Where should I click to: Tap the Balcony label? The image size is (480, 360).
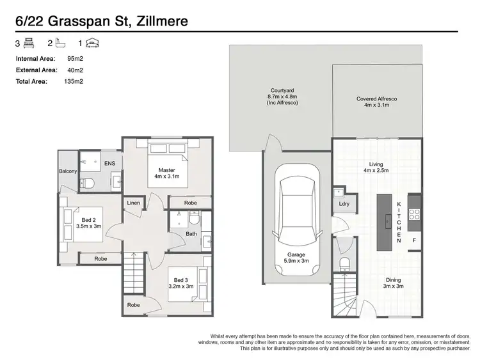(68, 171)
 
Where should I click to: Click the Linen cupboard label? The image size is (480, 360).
(133, 203)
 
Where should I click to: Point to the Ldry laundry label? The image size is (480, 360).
(344, 205)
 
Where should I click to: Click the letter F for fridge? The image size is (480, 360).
(414, 240)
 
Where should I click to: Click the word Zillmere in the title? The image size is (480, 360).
(157, 21)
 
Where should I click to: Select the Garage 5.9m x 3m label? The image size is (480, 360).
(297, 258)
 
